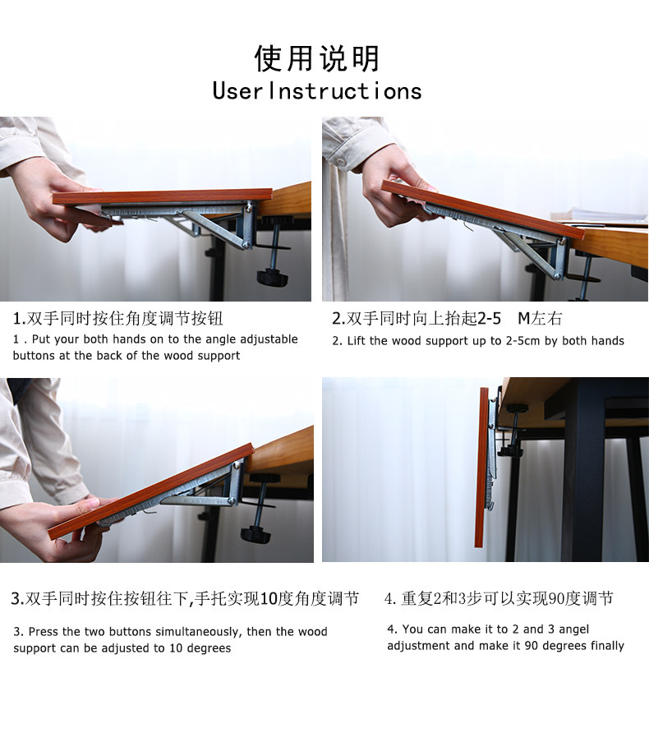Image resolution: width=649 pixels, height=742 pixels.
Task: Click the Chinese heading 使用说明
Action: tap(317, 58)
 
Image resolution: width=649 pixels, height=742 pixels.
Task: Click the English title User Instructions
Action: tap(317, 91)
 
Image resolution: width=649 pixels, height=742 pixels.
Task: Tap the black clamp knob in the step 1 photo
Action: tap(272, 278)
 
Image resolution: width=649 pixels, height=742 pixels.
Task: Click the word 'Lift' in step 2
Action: tap(357, 341)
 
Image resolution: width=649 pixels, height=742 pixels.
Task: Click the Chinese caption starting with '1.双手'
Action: tap(117, 319)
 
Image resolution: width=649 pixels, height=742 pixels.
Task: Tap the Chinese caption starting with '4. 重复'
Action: tap(499, 599)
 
